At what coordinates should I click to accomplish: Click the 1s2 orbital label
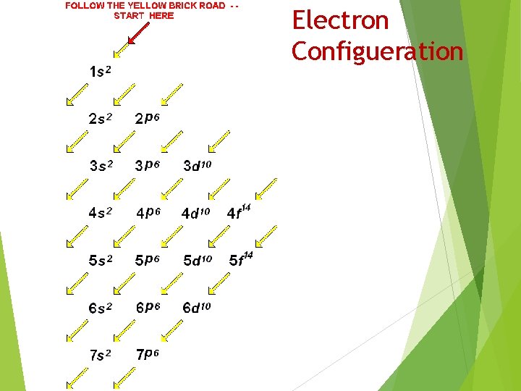tap(101, 71)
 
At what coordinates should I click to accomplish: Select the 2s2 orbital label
tap(101, 118)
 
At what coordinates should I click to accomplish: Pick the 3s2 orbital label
tap(101, 165)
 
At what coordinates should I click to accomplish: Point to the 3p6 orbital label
tap(147, 165)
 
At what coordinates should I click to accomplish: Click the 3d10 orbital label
tap(197, 165)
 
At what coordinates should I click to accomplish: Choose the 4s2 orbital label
tap(101, 212)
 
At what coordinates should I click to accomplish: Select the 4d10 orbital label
tap(195, 213)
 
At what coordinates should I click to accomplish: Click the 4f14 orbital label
tap(239, 211)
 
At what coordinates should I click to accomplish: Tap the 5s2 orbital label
tap(101, 260)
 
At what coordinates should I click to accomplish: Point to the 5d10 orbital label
tap(197, 260)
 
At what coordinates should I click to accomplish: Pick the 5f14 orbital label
tap(241, 258)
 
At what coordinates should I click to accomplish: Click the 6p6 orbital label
tap(148, 307)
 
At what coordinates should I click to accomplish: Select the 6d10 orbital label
tap(197, 308)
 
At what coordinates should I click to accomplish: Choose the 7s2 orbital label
tap(101, 355)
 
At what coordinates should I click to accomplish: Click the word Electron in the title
tap(340, 20)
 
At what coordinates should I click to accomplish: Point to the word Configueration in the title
tap(377, 51)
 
